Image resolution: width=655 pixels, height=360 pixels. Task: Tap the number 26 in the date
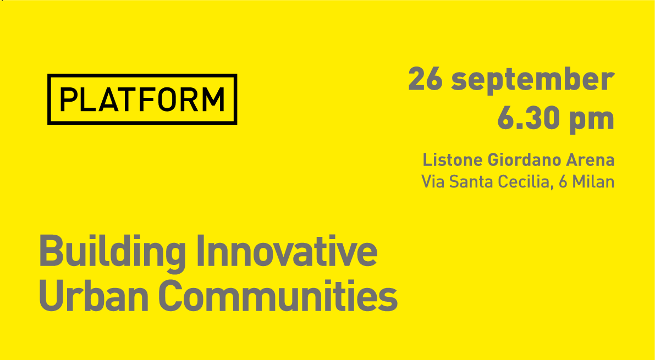click(x=425, y=79)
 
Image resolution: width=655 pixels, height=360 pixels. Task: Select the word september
click(x=533, y=81)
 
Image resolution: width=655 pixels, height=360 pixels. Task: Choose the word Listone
click(x=453, y=160)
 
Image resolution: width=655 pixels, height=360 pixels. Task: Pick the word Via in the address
click(x=433, y=182)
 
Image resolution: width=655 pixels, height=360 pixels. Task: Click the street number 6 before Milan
click(x=563, y=182)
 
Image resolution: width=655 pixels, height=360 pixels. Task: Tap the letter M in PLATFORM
click(x=214, y=99)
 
